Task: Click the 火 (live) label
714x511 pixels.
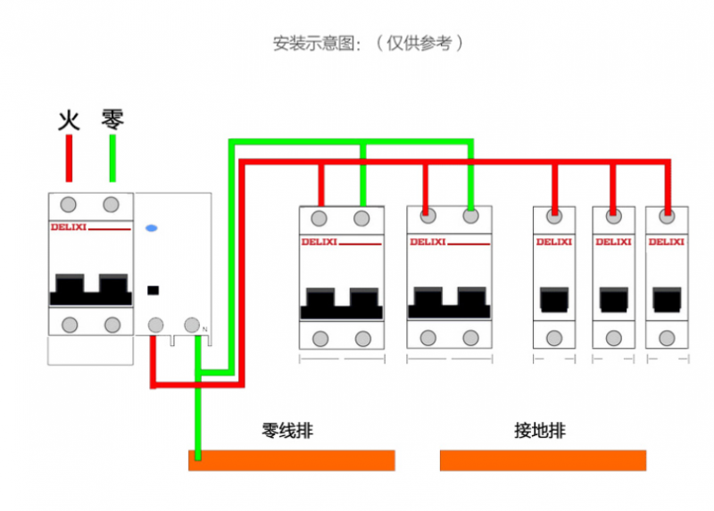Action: (69, 120)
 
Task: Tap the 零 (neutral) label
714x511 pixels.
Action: (112, 119)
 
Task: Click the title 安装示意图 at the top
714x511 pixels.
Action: (317, 43)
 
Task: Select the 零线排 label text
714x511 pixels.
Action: (287, 431)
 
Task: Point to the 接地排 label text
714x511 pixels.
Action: (540, 431)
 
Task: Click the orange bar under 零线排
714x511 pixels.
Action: (292, 460)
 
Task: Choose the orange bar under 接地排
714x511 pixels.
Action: (543, 460)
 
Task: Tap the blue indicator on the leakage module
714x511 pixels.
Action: (152, 228)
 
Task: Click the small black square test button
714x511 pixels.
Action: (153, 289)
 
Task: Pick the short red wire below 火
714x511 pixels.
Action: (69, 159)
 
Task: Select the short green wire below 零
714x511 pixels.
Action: (112, 159)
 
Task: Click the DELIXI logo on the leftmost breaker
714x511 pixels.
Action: (68, 228)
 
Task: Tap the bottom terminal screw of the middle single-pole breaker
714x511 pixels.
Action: (614, 337)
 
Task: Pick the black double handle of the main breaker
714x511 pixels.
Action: (90, 291)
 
